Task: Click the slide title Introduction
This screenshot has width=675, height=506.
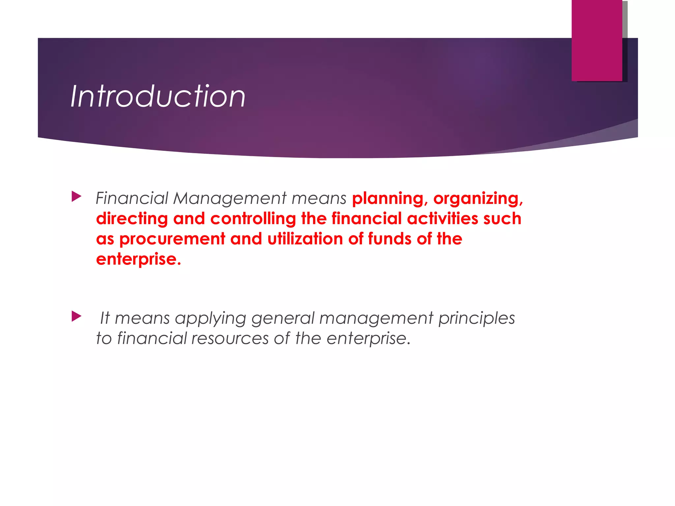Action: pos(158,96)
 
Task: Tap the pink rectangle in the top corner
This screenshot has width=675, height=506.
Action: pos(597,40)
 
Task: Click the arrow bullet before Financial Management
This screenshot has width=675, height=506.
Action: pos(76,197)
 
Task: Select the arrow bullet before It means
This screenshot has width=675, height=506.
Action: pos(76,317)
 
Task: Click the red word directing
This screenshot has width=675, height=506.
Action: pos(132,219)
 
